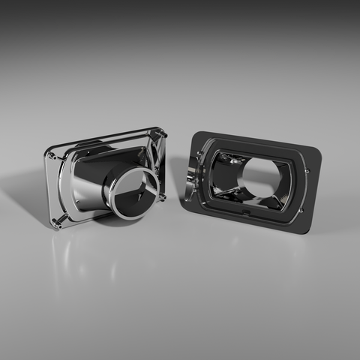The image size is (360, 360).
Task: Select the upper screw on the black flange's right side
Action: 307,171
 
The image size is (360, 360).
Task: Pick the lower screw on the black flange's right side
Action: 301,211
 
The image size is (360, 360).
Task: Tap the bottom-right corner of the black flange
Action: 306,231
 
